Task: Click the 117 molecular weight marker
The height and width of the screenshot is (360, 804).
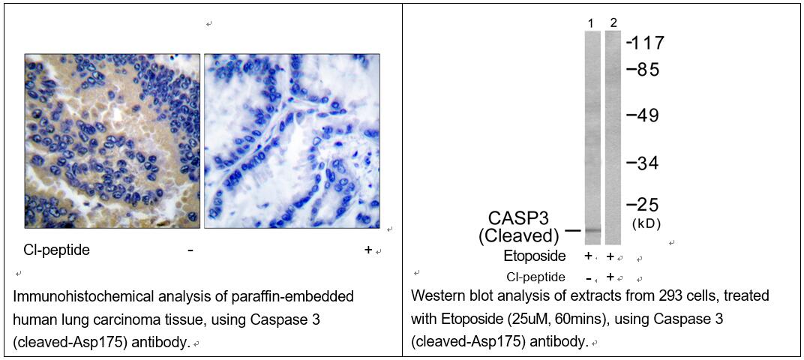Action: [645, 42]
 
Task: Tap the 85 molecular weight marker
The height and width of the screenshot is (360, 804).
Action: [642, 69]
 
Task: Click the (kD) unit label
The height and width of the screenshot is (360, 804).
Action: [645, 224]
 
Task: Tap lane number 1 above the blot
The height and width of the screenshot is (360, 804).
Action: [591, 23]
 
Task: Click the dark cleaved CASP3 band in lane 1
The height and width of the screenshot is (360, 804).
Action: [592, 231]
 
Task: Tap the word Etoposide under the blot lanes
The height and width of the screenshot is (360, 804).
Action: [535, 256]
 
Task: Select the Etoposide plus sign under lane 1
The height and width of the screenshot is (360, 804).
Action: [588, 256]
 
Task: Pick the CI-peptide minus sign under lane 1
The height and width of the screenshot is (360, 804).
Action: [588, 277]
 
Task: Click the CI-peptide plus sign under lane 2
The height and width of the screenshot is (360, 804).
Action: [610, 277]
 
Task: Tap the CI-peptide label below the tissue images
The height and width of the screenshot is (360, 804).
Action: [56, 250]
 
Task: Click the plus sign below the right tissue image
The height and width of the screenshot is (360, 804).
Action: [367, 250]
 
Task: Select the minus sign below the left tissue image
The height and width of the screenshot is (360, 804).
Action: [190, 250]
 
